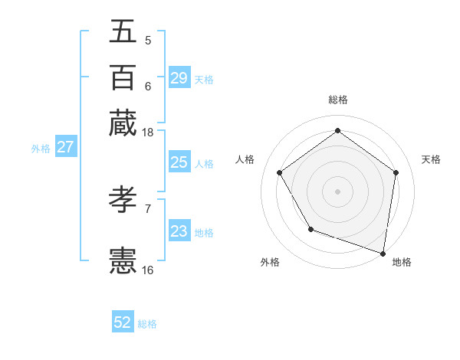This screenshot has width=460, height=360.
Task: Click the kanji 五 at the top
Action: click(x=123, y=31)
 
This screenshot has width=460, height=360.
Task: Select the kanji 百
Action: click(x=123, y=77)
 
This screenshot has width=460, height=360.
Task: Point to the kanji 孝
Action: click(x=123, y=201)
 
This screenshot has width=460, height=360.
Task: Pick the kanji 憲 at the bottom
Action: click(x=123, y=261)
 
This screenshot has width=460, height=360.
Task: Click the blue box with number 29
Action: click(x=179, y=78)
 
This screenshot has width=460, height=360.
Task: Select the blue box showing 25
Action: click(x=179, y=162)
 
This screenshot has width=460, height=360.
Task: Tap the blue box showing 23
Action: click(x=179, y=231)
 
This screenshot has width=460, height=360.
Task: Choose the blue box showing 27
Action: click(x=65, y=148)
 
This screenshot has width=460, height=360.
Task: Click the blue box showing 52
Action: click(x=123, y=322)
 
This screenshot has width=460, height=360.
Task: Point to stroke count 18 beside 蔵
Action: click(x=148, y=133)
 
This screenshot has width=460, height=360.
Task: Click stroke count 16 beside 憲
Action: click(x=148, y=270)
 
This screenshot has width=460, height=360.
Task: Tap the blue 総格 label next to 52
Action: click(x=147, y=324)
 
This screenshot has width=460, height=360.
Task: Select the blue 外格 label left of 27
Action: click(x=41, y=149)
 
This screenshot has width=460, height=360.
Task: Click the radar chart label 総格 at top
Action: click(x=337, y=100)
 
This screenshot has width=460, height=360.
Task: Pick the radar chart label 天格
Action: click(x=431, y=159)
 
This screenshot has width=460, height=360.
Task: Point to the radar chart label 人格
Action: click(x=245, y=159)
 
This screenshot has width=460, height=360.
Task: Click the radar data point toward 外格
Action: click(x=310, y=228)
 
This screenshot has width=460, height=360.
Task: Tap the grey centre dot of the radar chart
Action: click(x=337, y=191)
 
